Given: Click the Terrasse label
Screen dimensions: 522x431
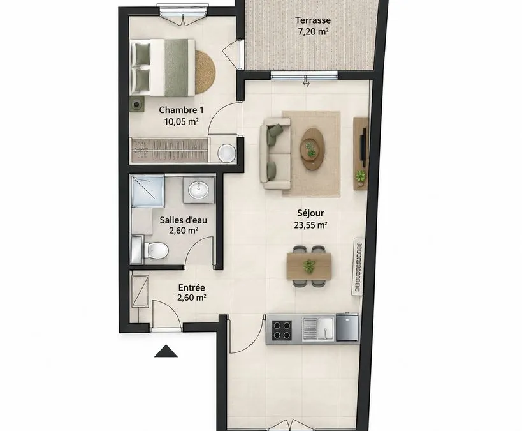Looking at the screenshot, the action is (313, 20).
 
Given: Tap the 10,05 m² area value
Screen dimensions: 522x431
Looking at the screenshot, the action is (181, 121).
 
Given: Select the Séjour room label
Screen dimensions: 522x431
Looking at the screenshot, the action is (310, 213).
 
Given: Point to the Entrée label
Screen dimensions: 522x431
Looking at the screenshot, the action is (191, 287).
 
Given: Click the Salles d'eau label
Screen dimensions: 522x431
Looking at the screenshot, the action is (183, 220).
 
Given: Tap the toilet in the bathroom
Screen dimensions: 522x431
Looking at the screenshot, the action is (156, 250).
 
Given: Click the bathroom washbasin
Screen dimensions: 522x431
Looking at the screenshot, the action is (198, 190).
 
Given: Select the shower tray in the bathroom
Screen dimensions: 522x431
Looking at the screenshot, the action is (148, 191).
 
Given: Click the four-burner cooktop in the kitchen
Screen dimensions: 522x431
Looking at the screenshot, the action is (282, 330).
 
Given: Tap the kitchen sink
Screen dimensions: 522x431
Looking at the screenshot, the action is (318, 328).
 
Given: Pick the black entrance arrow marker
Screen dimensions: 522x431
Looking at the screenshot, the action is (166, 351).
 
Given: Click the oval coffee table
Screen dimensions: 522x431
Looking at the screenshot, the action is (312, 149).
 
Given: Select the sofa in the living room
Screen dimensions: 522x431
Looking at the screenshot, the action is (275, 154).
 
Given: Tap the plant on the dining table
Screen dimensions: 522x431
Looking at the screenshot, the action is (309, 266).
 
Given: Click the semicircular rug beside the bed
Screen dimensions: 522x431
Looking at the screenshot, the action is (205, 72).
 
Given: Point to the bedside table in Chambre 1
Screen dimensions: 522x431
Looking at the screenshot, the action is (137, 105).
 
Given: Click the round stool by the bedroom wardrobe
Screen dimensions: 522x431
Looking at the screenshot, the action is (227, 153).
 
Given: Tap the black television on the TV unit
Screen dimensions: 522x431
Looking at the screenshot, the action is (365, 147).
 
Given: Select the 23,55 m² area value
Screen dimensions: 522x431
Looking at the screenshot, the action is (310, 225).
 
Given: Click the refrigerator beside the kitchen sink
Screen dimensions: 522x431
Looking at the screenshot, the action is (347, 327).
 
